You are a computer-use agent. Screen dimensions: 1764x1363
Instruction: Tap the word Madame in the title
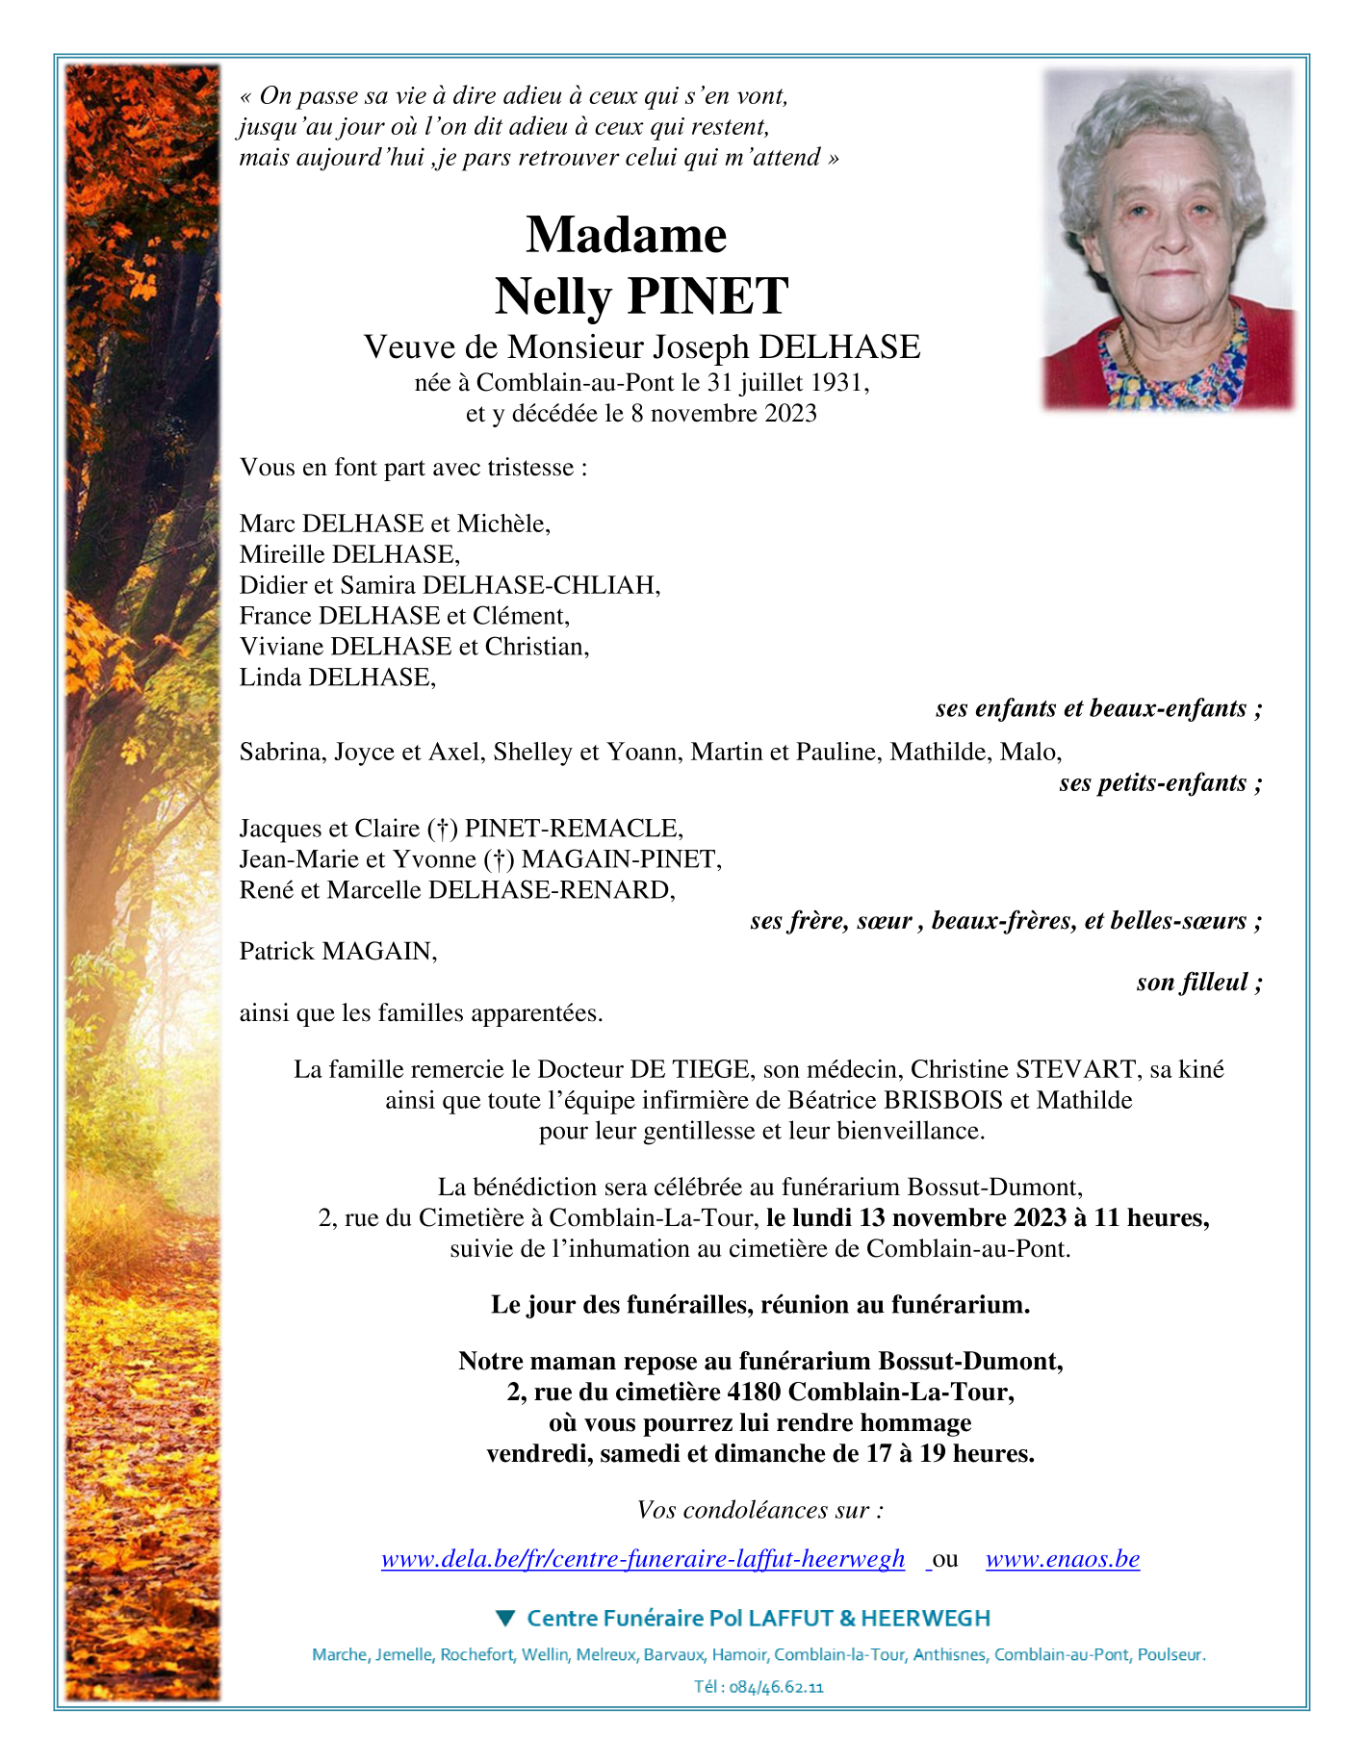point(627,235)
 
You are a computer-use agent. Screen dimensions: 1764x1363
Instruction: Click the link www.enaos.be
point(1062,1559)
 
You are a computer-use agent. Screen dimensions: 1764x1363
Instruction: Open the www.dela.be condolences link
point(643,1559)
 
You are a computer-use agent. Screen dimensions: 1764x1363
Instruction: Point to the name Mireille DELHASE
point(348,554)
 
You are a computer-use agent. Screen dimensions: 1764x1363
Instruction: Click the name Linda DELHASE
point(337,677)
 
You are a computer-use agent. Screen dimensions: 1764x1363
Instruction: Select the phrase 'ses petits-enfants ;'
point(1160,783)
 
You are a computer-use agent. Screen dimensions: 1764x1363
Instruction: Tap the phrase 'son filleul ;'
point(1198,983)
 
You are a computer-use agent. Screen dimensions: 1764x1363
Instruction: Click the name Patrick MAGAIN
point(337,952)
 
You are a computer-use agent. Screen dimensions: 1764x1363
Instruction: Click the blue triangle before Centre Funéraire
point(505,1619)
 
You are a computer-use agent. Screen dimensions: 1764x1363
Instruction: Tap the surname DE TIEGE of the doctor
point(689,1069)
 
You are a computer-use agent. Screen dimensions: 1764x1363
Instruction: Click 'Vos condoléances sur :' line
point(759,1510)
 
